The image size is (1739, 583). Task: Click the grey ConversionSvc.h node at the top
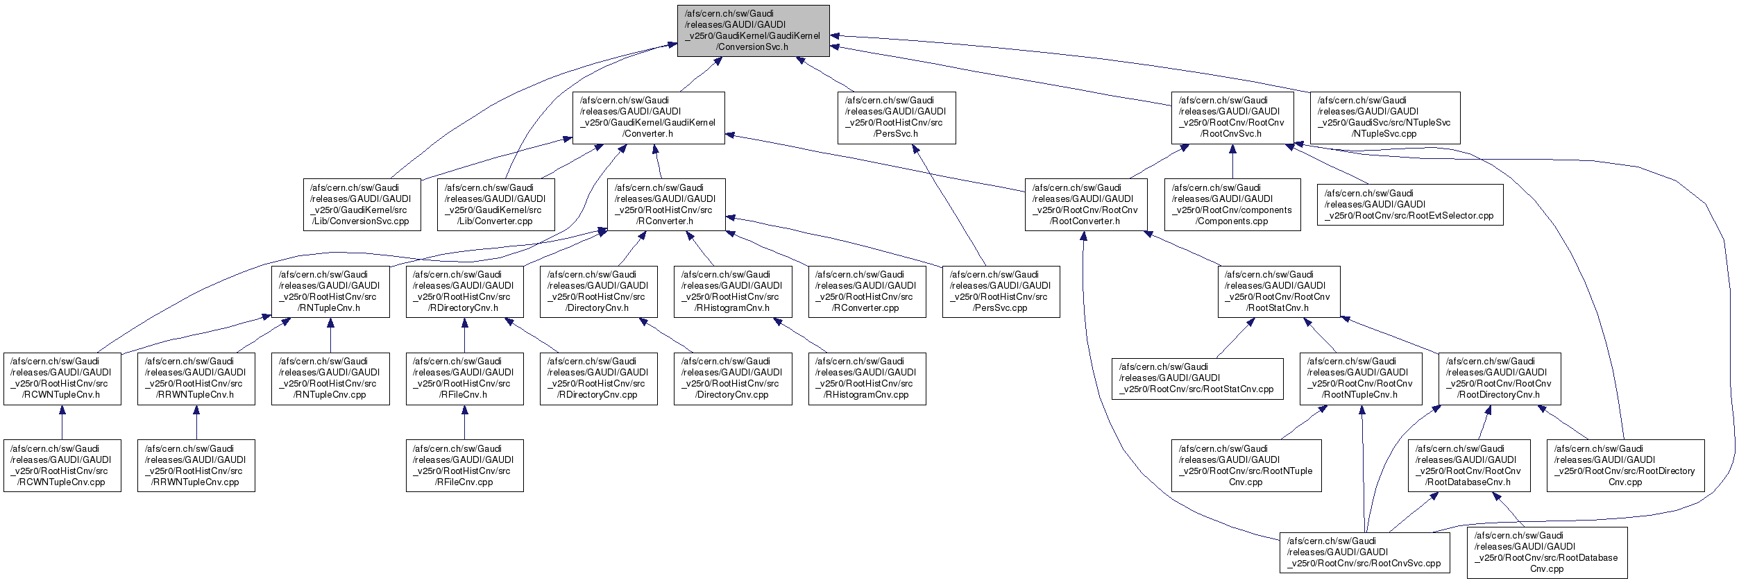(753, 31)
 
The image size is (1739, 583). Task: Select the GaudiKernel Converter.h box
(648, 118)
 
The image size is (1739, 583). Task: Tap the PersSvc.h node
(897, 118)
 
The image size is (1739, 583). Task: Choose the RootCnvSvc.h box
(1231, 118)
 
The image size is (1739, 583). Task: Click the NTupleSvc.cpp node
(1385, 118)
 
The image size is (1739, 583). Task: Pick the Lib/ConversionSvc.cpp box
(362, 205)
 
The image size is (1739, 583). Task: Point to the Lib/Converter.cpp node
(496, 205)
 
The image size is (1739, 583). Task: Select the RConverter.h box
(666, 205)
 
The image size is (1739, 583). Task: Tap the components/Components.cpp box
(1232, 205)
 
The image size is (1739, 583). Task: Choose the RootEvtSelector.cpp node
(1410, 205)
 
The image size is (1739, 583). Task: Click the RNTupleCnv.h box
(330, 291)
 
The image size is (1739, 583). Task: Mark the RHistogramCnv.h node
(732, 291)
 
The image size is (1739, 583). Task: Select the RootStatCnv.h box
(1278, 291)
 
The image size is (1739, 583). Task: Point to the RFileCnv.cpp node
(464, 466)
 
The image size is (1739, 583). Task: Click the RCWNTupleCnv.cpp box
(62, 466)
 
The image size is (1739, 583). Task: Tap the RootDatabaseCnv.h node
(1469, 466)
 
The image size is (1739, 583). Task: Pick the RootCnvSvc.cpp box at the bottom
(1364, 552)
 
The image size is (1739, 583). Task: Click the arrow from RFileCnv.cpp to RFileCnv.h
(464, 422)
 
